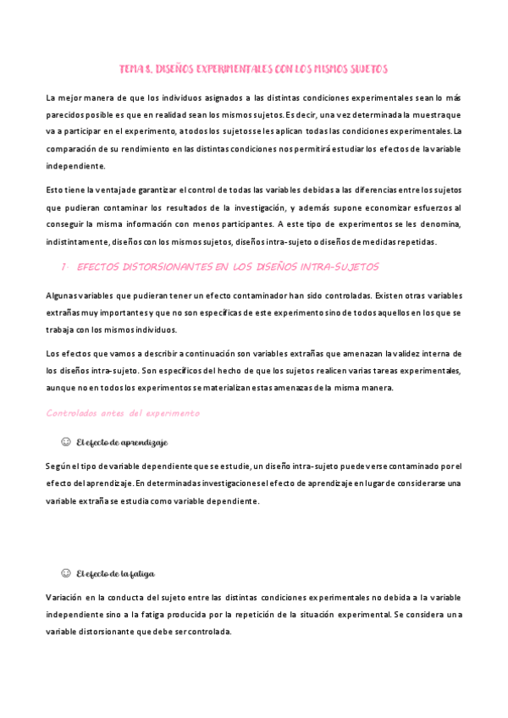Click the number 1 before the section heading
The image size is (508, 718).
click(x=65, y=268)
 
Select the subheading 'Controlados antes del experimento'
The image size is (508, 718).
click(x=123, y=413)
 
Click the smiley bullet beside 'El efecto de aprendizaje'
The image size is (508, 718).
click(x=65, y=442)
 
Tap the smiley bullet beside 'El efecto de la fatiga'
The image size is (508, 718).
click(x=65, y=573)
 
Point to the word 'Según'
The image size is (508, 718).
click(x=58, y=466)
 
